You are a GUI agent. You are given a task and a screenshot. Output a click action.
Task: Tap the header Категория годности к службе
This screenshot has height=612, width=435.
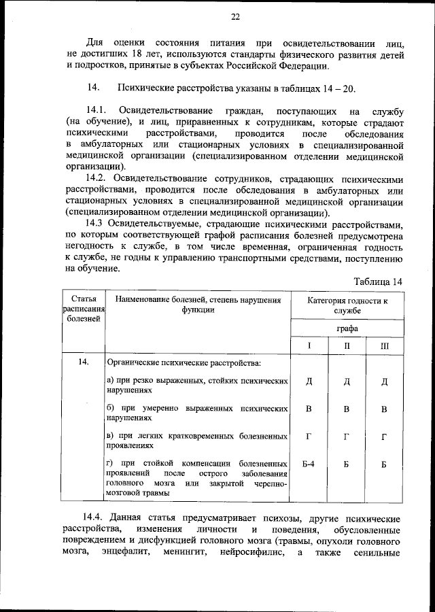click(x=347, y=305)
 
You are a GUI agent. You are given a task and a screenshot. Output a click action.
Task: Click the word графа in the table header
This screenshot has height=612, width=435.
click(x=347, y=328)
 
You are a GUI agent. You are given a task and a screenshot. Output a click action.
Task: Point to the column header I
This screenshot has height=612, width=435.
click(x=309, y=345)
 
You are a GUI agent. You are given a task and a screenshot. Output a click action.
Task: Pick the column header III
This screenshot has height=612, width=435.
click(x=385, y=345)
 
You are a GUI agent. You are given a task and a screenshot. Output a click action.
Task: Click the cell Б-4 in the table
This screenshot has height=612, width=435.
click(x=309, y=464)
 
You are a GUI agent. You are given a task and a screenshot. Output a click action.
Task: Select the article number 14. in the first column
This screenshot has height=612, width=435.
click(x=83, y=362)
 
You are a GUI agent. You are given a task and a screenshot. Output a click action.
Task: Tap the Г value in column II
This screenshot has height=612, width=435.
click(x=347, y=436)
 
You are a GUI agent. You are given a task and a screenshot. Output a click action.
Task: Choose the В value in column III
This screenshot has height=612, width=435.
click(x=385, y=409)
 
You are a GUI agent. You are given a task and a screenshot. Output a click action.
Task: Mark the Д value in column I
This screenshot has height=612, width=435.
click(x=309, y=381)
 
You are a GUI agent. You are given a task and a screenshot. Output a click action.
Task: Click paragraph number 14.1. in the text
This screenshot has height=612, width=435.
click(x=97, y=110)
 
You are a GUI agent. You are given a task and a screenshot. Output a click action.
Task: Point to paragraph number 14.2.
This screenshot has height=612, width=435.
click(x=97, y=177)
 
